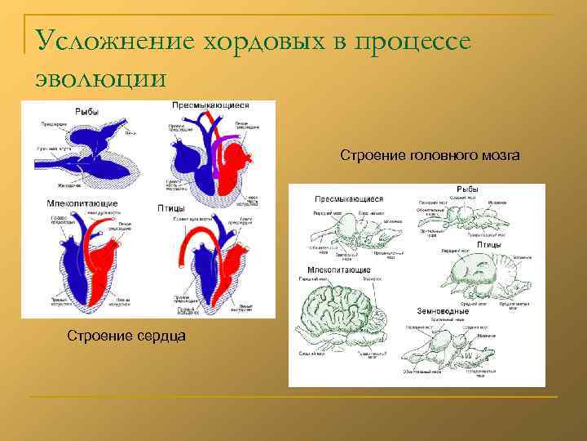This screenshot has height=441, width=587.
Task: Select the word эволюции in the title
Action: pyautogui.click(x=101, y=78)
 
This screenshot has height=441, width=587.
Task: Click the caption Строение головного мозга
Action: pyautogui.click(x=430, y=155)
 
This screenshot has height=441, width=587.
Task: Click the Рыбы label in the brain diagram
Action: pyautogui.click(x=467, y=190)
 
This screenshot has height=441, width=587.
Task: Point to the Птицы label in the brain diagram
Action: pyautogui.click(x=488, y=244)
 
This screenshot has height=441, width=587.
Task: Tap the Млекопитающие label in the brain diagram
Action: pyautogui.click(x=339, y=270)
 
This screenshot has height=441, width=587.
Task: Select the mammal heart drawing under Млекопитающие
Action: pyautogui.click(x=90, y=261)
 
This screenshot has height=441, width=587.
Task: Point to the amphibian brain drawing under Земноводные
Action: pyautogui.click(x=452, y=348)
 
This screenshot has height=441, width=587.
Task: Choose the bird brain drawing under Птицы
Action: pyautogui.click(x=481, y=274)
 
